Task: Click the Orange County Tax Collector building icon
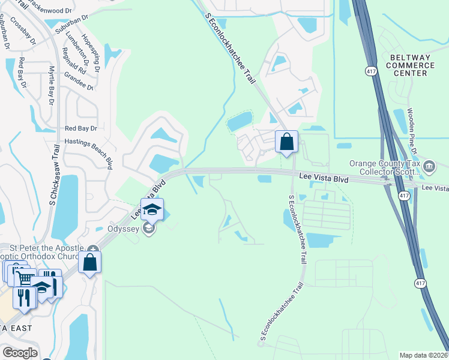click(x=429, y=166)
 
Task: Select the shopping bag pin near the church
click(x=89, y=262)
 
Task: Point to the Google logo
click(x=20, y=353)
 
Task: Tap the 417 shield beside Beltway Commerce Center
click(x=371, y=71)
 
